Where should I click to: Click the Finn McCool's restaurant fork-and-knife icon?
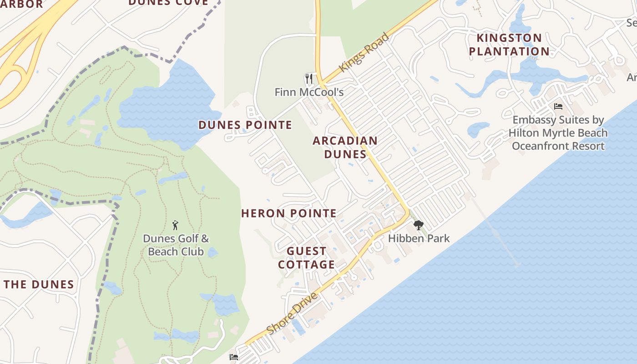coord(309,79)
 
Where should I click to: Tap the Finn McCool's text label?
coord(309,92)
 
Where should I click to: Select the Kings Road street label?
coord(364,51)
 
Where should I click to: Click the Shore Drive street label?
coord(292,313)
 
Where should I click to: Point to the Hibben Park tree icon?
coord(418,225)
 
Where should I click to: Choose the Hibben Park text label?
coord(419,238)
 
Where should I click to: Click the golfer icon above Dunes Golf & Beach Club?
coord(176,225)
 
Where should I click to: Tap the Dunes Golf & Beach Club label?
coord(176,245)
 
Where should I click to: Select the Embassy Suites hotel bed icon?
coord(558,106)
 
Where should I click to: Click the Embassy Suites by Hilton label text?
coord(558,133)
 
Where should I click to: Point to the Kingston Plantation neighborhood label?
coord(509,45)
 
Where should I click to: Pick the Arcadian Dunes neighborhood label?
coord(345,147)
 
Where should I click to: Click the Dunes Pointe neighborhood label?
coord(245,125)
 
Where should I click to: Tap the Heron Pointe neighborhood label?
coord(289,213)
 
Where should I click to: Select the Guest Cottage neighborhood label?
coord(307,258)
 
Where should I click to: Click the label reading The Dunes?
coord(39,284)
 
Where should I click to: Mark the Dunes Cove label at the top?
coord(168,3)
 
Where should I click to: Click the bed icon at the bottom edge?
coord(234,357)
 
